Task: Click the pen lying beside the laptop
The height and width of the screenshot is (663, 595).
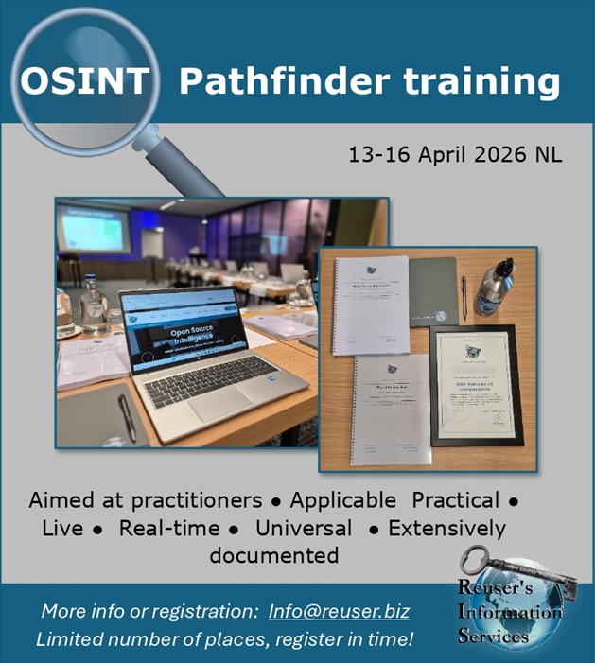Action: (126, 417)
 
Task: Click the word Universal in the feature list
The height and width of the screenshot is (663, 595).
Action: (303, 528)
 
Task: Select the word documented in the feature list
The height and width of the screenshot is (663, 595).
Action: (274, 554)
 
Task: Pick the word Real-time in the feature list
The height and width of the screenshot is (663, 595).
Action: (169, 528)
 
